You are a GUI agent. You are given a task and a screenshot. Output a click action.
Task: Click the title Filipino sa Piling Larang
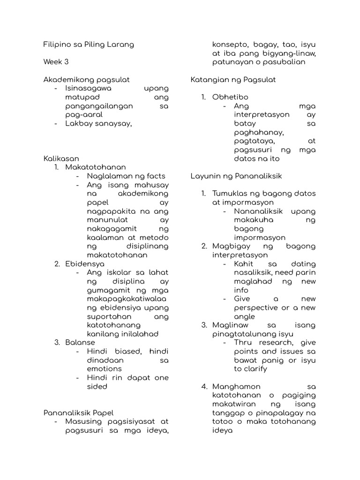[x=89, y=45]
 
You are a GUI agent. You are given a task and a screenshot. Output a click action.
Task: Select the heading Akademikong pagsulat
[x=86, y=80]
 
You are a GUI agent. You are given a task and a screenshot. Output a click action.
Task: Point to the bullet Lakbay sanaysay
[x=98, y=124]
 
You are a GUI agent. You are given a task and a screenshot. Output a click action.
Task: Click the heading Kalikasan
[x=61, y=158]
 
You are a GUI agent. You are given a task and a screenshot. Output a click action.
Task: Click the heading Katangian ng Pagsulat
[x=233, y=80]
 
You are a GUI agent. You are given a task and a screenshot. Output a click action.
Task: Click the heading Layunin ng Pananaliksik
[x=236, y=176]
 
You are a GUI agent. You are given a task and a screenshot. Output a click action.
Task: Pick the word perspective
[x=261, y=308]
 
